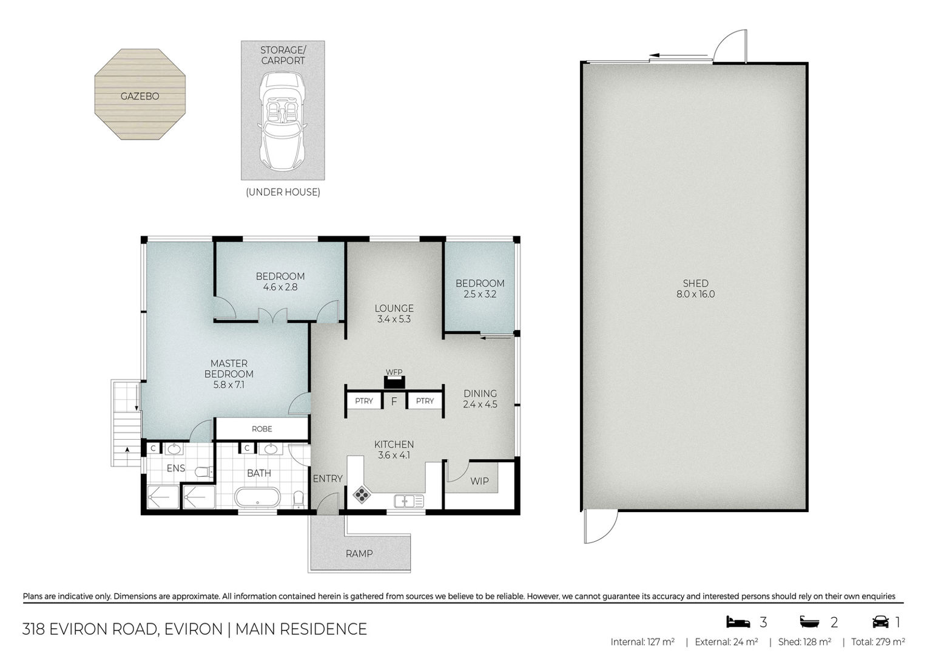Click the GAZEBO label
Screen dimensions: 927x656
click(x=140, y=96)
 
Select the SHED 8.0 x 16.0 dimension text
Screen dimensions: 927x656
click(x=696, y=294)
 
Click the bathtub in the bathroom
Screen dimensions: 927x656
click(x=257, y=497)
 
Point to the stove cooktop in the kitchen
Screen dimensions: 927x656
click(x=362, y=494)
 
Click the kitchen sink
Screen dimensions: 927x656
click(x=409, y=501)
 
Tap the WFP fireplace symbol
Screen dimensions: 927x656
click(x=394, y=382)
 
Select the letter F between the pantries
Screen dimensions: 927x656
click(x=394, y=401)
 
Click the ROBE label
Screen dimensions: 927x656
click(x=262, y=429)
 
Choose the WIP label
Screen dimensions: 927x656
click(x=480, y=481)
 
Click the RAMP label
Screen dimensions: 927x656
click(x=359, y=553)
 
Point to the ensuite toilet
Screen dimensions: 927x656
click(x=204, y=471)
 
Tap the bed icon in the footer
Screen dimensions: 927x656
click(x=738, y=622)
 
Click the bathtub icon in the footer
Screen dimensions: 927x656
click(x=809, y=622)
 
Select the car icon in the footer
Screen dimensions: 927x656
click(x=881, y=622)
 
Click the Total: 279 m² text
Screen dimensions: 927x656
click(x=878, y=642)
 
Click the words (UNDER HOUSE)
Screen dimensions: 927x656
click(x=283, y=193)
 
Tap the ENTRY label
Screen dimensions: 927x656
click(x=328, y=479)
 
